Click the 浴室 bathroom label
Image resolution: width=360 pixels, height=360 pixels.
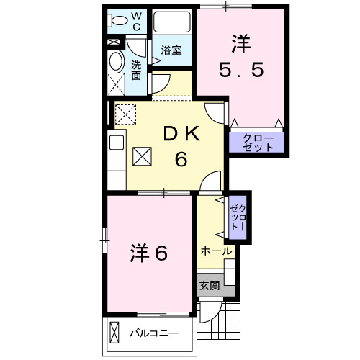point(171,51)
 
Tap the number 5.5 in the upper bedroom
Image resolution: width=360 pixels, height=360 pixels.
point(241,71)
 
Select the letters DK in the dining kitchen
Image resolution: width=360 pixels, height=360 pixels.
point(181,134)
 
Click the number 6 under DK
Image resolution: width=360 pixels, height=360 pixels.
point(181,159)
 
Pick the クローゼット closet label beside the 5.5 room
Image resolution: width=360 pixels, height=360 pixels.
point(257,141)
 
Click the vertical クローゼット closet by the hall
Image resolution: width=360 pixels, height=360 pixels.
point(238,217)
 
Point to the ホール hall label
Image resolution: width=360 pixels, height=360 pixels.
point(216,251)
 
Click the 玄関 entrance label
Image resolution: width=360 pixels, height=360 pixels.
point(210,285)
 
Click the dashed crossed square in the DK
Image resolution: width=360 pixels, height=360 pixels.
point(125,114)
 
